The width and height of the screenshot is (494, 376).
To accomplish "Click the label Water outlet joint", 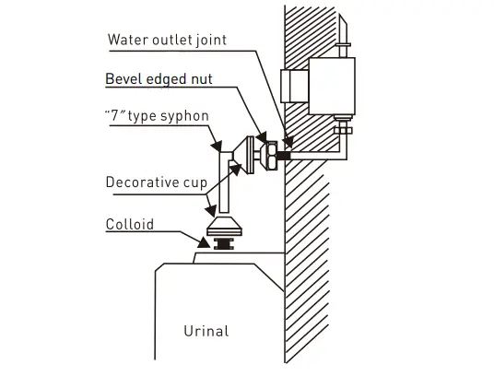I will [x=167, y=40].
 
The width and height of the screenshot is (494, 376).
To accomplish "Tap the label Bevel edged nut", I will [x=159, y=80].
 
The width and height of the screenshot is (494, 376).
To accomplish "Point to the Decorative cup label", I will [x=155, y=182].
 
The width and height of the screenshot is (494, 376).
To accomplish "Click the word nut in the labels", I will [x=200, y=80].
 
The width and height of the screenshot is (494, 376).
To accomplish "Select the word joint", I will [x=209, y=40].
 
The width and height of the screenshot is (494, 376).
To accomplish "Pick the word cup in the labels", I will [x=194, y=182].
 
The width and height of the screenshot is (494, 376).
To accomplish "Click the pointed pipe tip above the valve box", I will [x=345, y=31].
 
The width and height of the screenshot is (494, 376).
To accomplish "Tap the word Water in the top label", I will [x=126, y=40].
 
